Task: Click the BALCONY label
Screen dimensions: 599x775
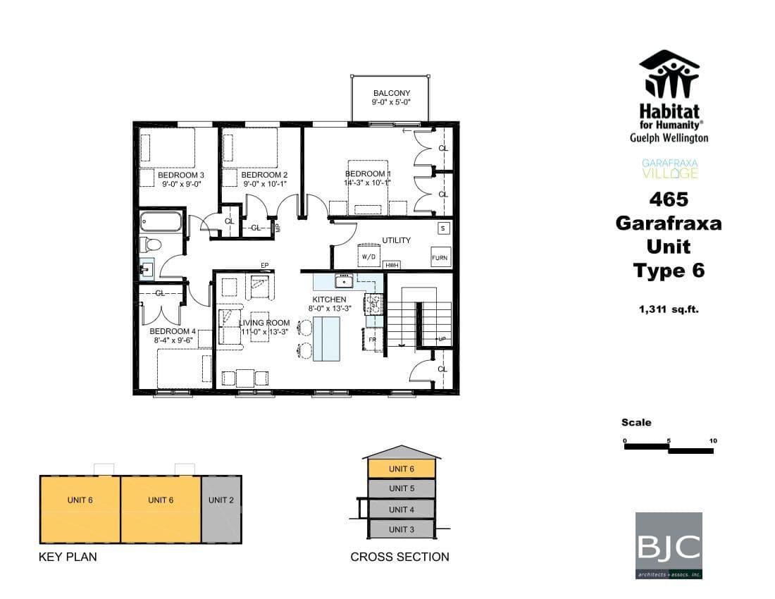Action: point(391,93)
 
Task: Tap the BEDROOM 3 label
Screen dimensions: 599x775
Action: point(180,175)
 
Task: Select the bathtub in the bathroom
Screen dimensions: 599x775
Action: point(161,221)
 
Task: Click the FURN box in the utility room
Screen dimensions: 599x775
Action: point(440,258)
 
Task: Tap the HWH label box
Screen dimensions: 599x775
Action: point(392,265)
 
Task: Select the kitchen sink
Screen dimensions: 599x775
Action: point(345,282)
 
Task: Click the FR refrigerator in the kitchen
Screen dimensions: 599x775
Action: point(373,340)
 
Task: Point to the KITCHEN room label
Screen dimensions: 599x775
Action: point(330,299)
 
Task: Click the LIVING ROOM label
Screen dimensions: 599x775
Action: point(264,323)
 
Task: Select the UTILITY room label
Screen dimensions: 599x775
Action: point(396,240)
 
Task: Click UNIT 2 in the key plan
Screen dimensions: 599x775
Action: point(221,500)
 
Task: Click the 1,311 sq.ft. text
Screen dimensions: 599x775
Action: point(669,309)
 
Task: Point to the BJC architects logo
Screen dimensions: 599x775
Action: point(669,545)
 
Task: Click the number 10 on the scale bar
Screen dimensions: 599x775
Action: point(713,441)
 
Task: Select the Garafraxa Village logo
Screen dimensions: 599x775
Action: point(669,168)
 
